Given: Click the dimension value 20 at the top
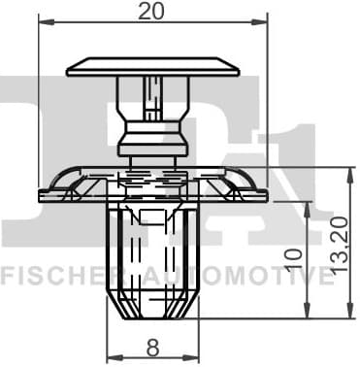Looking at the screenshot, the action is (x=151, y=12).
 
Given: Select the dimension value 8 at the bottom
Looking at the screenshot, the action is (x=152, y=348).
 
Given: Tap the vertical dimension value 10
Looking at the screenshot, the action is (x=294, y=258).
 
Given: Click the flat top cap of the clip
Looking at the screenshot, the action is (x=153, y=67).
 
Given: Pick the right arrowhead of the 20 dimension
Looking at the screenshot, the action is (x=260, y=22).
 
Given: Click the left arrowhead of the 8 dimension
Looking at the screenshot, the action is (x=115, y=357).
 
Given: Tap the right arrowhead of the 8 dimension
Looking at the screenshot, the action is (x=191, y=357).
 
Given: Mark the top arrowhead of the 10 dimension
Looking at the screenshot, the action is (x=308, y=209).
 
